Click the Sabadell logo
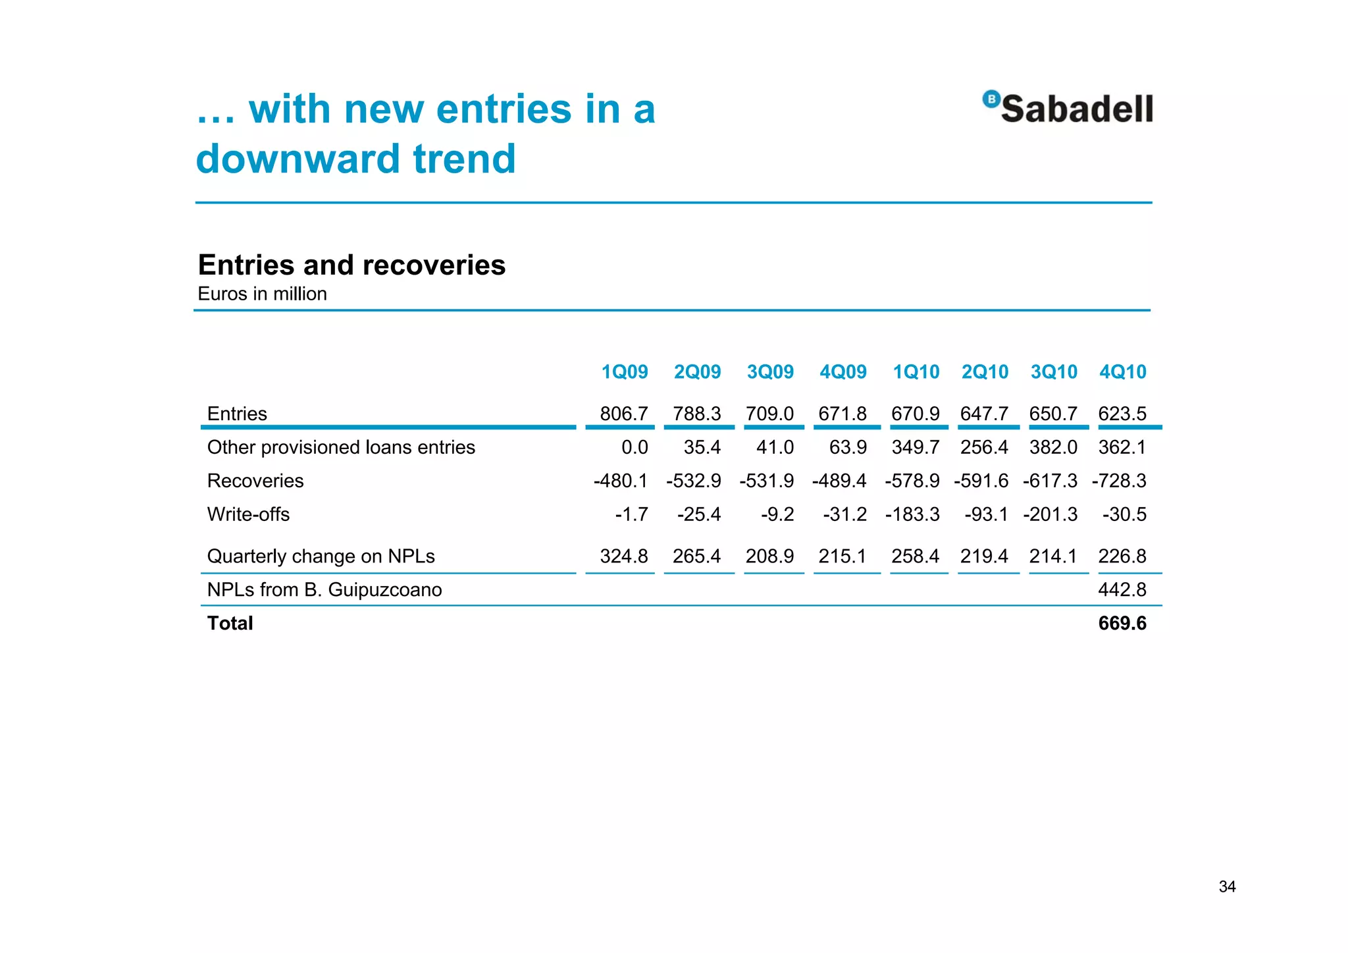pyautogui.click(x=1068, y=108)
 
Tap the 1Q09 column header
pyautogui.click(x=624, y=372)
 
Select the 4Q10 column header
pyautogui.click(x=1122, y=372)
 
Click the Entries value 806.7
pyautogui.click(x=623, y=414)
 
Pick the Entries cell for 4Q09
pyautogui.click(x=842, y=414)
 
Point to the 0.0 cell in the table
pyautogui.click(x=635, y=447)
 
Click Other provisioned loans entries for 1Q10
pyautogui.click(x=915, y=447)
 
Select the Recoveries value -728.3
pyautogui.click(x=1118, y=481)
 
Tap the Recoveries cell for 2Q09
pyautogui.click(x=693, y=481)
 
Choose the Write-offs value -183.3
pyautogui.click(x=912, y=514)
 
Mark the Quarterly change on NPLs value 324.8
pyautogui.click(x=623, y=557)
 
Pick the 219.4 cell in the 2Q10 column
pyautogui.click(x=983, y=557)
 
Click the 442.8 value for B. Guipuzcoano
pyautogui.click(x=1122, y=589)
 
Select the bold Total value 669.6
pyautogui.click(x=1122, y=623)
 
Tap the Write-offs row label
pyautogui.click(x=248, y=514)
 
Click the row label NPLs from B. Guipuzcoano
pyautogui.click(x=324, y=589)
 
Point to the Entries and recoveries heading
pyautogui.click(x=351, y=265)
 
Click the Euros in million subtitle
pyautogui.click(x=262, y=294)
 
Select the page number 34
pyautogui.click(x=1227, y=886)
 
